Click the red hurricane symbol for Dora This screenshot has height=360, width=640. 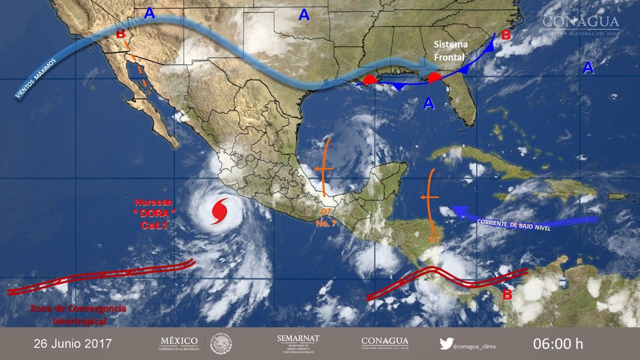219,211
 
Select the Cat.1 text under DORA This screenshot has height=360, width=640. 154,225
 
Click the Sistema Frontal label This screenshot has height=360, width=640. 450,51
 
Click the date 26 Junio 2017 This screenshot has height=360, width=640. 72,344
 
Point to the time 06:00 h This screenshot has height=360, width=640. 558,344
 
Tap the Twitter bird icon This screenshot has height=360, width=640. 446,344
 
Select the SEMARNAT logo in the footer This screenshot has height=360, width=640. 298,344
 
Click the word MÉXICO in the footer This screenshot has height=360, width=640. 178,341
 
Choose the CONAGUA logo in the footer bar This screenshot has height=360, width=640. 384,343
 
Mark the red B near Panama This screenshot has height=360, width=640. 507,294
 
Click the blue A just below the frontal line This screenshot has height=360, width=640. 428,103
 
